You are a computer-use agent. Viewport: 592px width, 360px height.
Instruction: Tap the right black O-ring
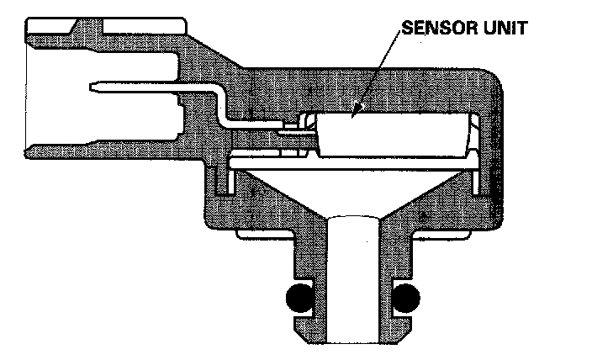406,296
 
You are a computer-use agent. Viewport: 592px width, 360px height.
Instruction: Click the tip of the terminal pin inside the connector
91,86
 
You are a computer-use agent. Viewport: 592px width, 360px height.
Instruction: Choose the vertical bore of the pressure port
352,278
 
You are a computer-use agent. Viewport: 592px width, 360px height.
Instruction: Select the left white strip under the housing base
265,234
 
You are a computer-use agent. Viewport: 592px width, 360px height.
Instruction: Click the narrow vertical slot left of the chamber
226,181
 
